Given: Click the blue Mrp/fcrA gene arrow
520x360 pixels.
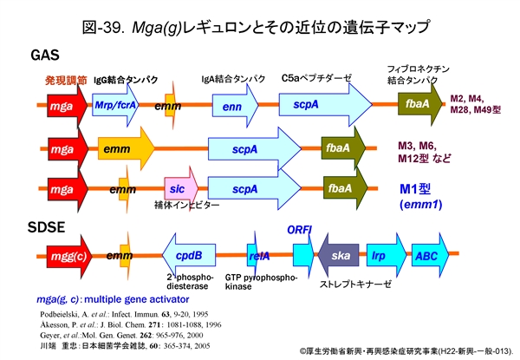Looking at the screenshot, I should (x=117, y=106).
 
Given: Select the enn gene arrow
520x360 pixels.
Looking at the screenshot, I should (x=232, y=106).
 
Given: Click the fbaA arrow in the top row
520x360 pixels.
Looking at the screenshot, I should (x=419, y=105).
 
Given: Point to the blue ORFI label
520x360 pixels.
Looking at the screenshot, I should (x=300, y=229).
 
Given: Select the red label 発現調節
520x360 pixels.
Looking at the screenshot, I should (x=66, y=81).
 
